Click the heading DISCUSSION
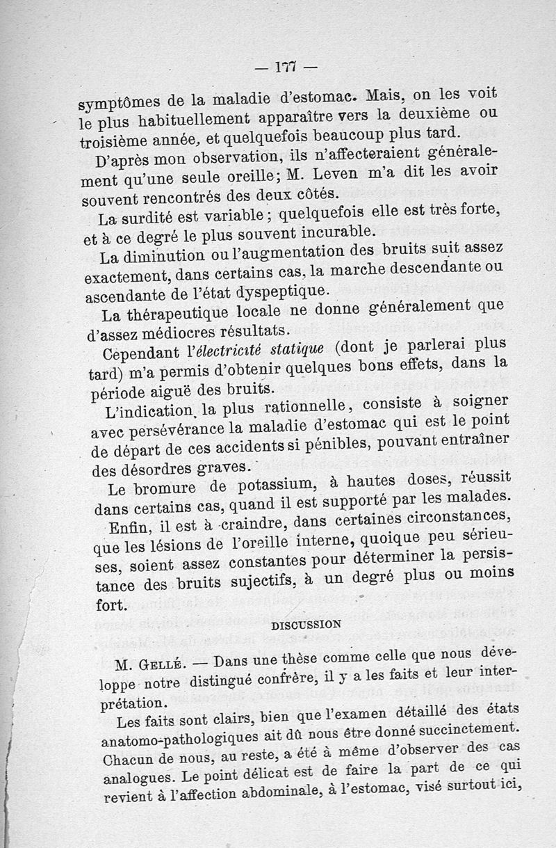click(305, 624)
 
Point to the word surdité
click(147, 218)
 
